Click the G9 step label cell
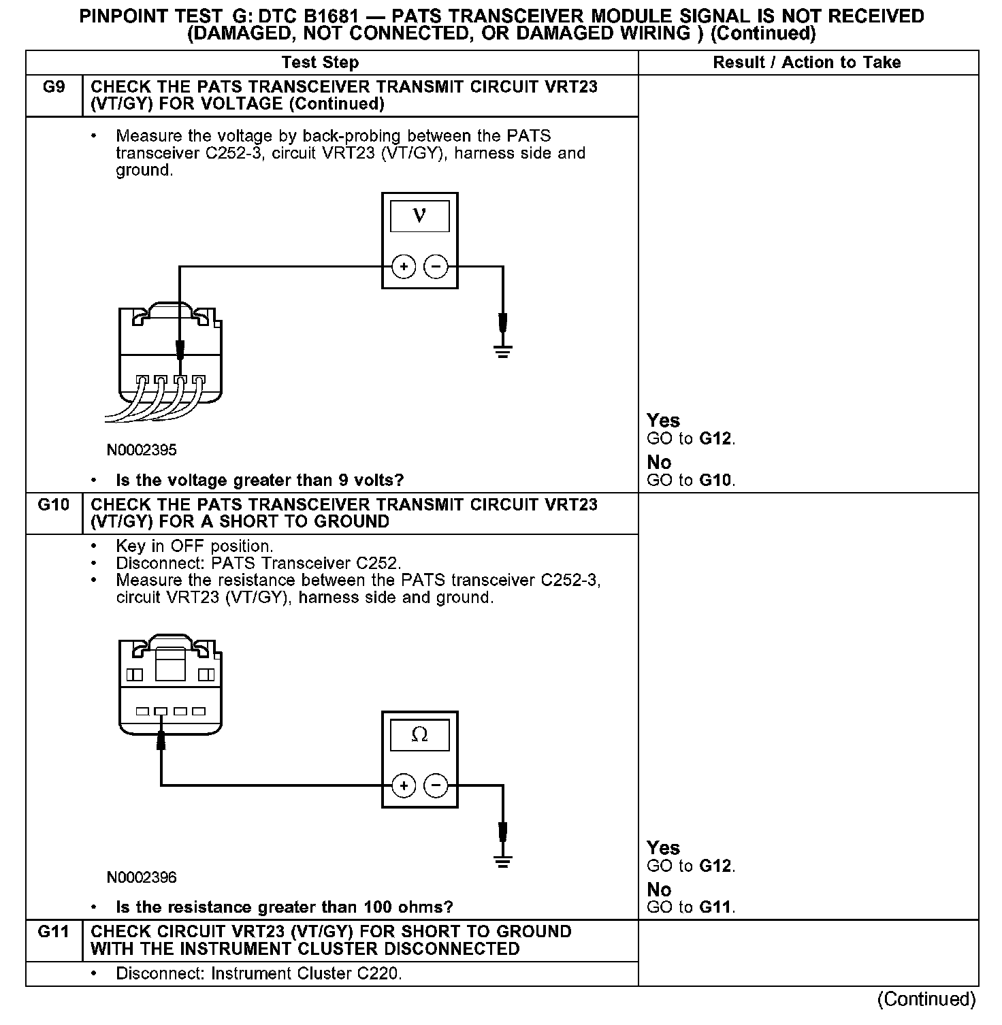(x=54, y=88)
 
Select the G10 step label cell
(x=54, y=505)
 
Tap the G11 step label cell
(x=54, y=932)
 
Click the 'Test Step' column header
(x=320, y=63)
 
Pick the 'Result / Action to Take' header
(x=807, y=63)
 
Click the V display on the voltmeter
(x=419, y=216)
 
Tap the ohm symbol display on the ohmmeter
(x=419, y=735)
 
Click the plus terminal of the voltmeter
(x=404, y=267)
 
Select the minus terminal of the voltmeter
(x=436, y=267)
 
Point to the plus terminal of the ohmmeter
(x=404, y=786)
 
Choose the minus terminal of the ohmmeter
(x=436, y=786)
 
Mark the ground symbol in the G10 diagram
(x=503, y=862)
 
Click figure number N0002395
(x=142, y=450)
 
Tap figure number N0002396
(x=142, y=877)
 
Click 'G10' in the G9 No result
(x=715, y=481)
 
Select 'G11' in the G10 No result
(x=717, y=907)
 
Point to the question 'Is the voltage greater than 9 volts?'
(x=259, y=481)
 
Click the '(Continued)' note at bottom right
(x=926, y=999)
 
